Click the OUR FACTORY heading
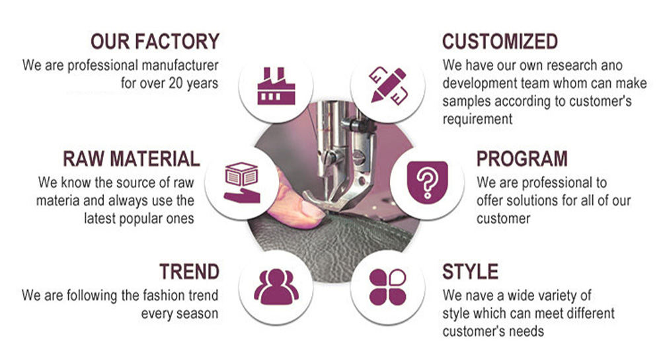click(155, 40)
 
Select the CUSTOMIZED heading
click(500, 41)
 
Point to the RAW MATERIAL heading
click(131, 158)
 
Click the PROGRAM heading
click(522, 159)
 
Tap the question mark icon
click(424, 180)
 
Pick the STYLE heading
click(470, 272)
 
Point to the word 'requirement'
click(477, 119)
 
